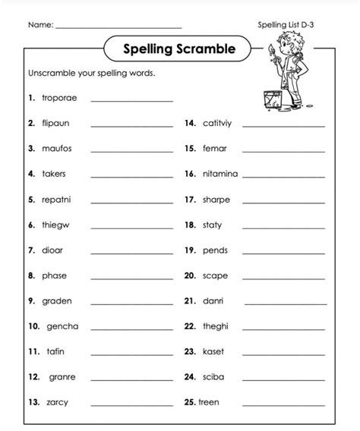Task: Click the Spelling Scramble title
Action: coord(178,50)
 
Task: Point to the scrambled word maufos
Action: coord(56,148)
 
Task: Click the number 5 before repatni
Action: coord(31,200)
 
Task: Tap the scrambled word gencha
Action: coord(62,326)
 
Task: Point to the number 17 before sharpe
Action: coord(190,200)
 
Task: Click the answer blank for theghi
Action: coord(284,328)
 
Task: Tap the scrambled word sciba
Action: coord(213,376)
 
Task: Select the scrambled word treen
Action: coord(210,401)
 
